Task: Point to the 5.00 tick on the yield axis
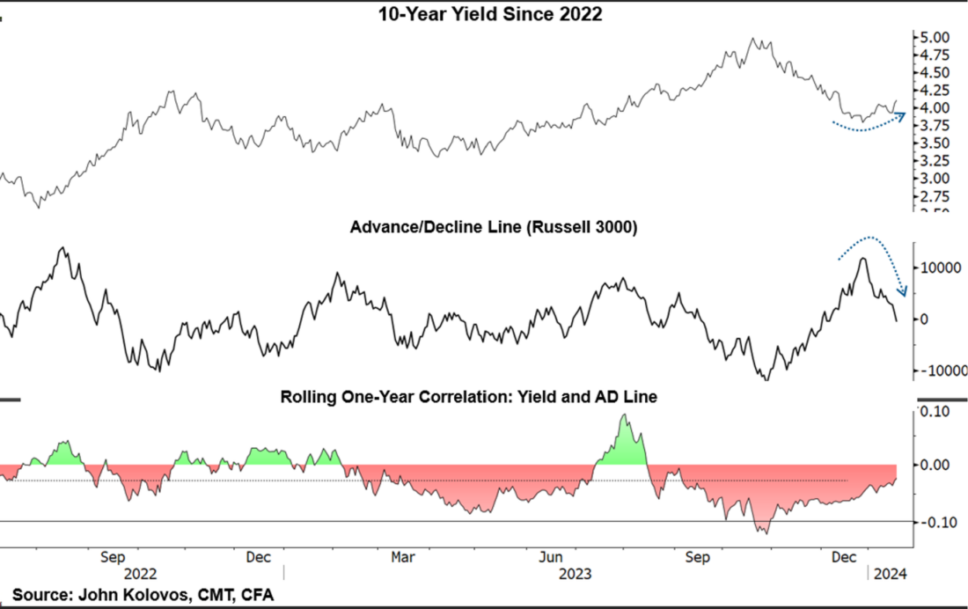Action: (932, 38)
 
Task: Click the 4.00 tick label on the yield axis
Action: (932, 108)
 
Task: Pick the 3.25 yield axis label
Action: (932, 161)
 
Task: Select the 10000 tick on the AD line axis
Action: (939, 267)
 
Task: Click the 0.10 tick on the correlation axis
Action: (935, 410)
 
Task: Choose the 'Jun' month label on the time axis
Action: (551, 557)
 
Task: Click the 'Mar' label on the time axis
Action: (402, 557)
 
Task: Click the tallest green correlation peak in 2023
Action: (624, 415)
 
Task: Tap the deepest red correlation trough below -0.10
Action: (766, 532)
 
